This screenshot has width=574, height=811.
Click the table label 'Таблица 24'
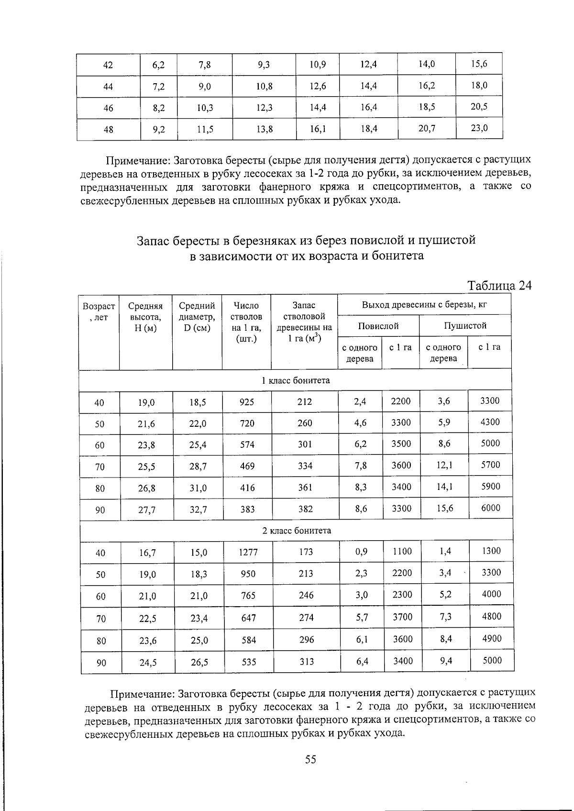pos(499,286)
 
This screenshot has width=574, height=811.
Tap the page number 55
pos(310,759)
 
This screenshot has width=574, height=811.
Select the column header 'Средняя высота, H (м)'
pos(145,317)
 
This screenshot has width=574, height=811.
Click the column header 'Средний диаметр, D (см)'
pos(197,317)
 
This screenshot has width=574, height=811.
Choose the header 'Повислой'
pos(378,326)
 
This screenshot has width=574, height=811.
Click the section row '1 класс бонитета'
pos(295,380)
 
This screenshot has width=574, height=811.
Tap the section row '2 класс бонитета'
pos(296,531)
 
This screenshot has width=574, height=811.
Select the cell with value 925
pos(246,402)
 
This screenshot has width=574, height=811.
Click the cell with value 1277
pos(248,553)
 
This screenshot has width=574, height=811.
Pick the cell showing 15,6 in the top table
pos(479,64)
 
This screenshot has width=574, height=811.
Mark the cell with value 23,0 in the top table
pos(479,128)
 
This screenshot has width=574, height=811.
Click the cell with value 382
pos(305,509)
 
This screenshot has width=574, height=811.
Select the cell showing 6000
pos(490,508)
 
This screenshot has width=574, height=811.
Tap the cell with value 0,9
pos(361,552)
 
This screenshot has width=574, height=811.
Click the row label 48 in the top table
pos(109,129)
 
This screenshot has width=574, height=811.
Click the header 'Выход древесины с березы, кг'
pos(424,305)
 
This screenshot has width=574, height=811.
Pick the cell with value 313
pos(307,661)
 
